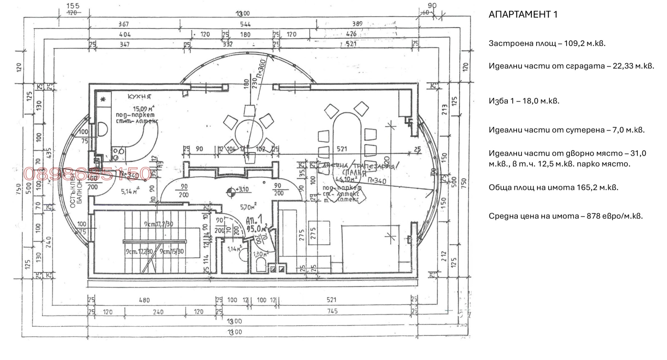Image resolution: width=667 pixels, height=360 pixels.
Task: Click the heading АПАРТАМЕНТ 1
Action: click(x=523, y=15)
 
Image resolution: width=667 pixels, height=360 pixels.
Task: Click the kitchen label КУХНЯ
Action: click(x=139, y=97)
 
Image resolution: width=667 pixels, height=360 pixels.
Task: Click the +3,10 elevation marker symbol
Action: click(x=230, y=191)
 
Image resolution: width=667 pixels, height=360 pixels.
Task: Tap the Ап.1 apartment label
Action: click(x=254, y=219)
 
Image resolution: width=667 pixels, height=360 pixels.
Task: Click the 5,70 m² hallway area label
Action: click(x=248, y=207)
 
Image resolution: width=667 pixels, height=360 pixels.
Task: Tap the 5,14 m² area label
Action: click(x=129, y=191)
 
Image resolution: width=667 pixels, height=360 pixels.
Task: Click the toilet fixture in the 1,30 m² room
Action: click(x=261, y=265)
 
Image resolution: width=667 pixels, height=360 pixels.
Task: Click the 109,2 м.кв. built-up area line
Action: click(x=547, y=43)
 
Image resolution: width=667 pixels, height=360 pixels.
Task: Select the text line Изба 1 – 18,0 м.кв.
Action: click(x=524, y=101)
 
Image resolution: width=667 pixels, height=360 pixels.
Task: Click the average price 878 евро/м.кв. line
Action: click(x=565, y=216)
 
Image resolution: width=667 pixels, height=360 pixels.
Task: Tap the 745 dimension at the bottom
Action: click(x=332, y=311)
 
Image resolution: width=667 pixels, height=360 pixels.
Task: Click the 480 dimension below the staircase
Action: click(x=144, y=300)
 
